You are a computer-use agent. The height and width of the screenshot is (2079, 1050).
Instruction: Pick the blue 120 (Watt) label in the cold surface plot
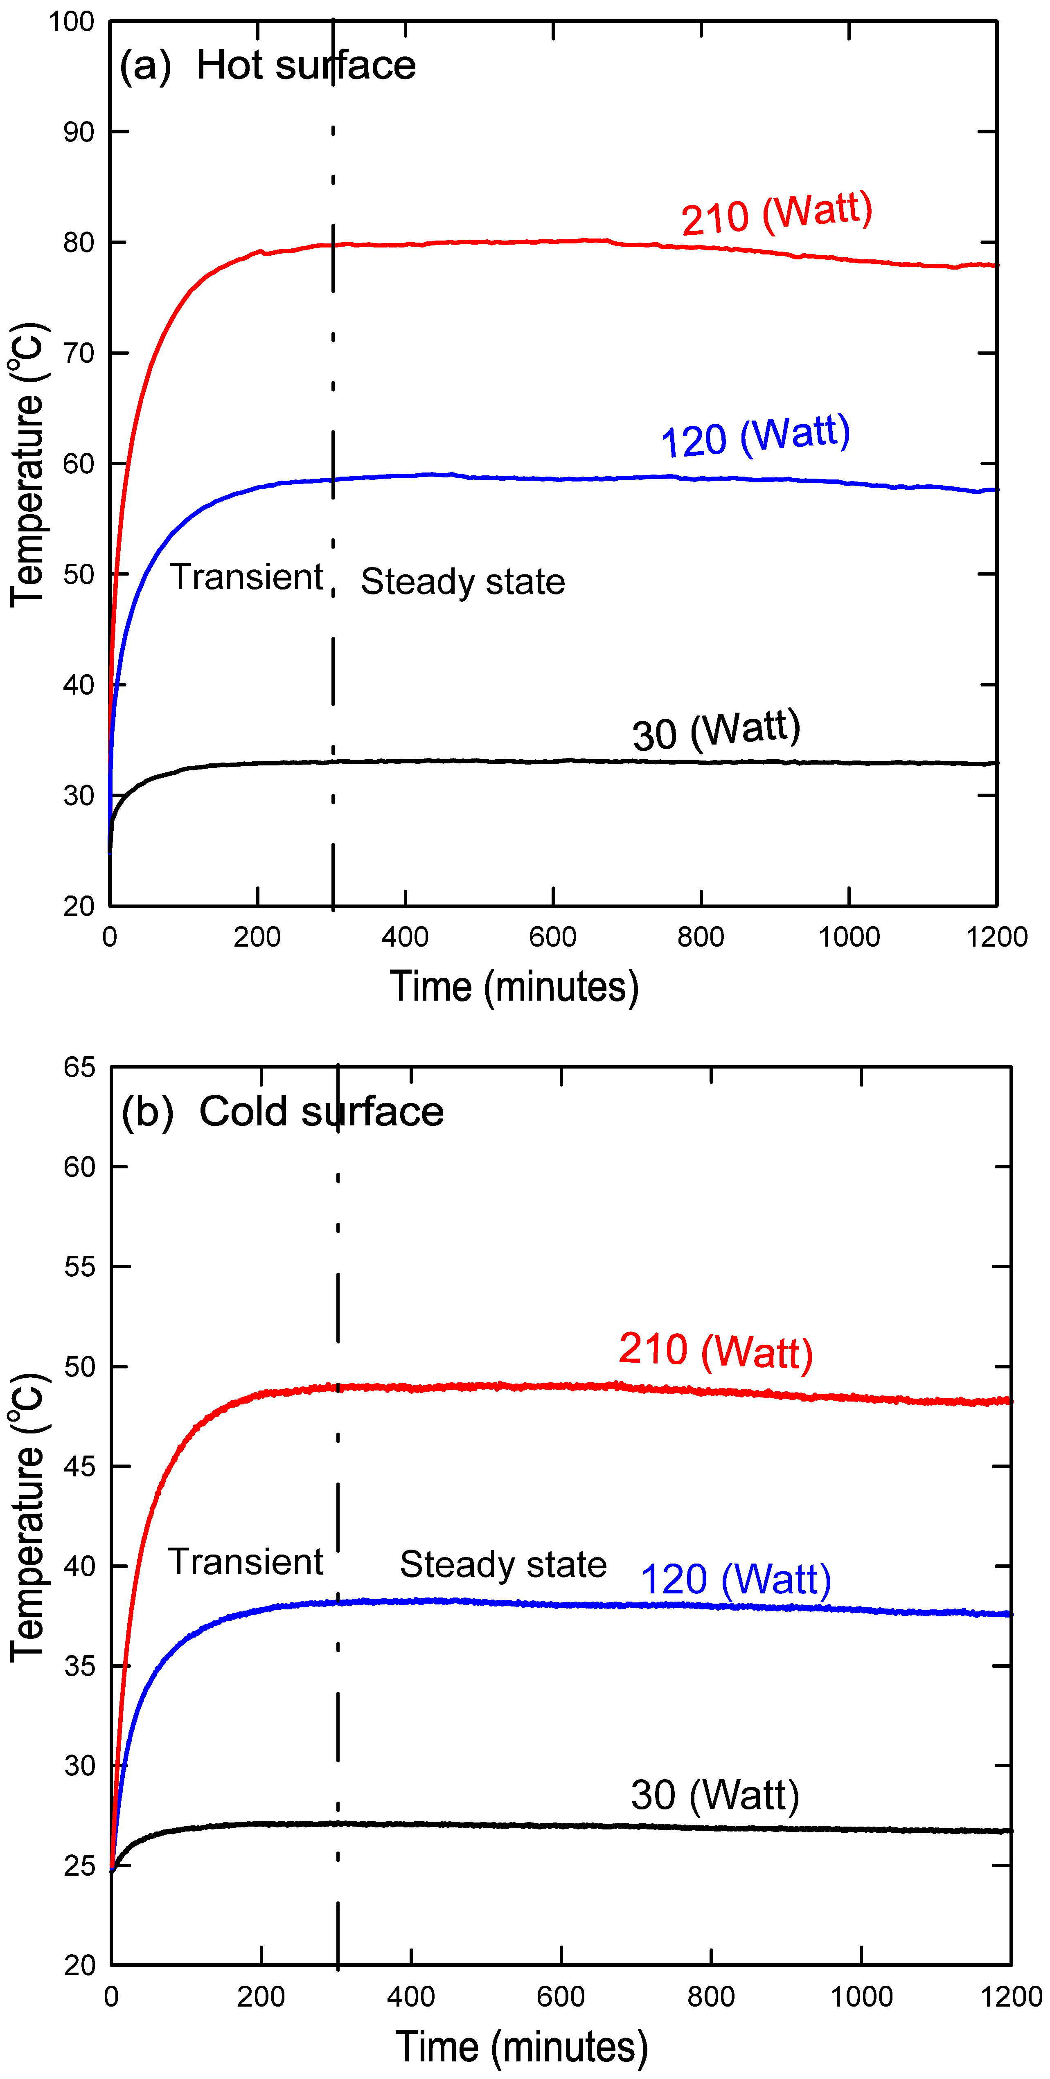(735, 1579)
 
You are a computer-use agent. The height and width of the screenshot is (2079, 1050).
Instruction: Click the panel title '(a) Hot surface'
(267, 65)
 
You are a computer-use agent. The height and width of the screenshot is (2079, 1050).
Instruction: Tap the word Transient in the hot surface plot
(246, 577)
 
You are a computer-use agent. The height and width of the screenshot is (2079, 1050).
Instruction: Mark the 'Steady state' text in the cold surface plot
(503, 1564)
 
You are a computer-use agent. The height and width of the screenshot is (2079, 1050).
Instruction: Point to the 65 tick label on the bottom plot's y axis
(79, 1068)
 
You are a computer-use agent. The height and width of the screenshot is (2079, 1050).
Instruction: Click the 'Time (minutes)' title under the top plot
(514, 987)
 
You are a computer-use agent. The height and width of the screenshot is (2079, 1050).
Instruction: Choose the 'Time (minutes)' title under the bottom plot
(521, 2048)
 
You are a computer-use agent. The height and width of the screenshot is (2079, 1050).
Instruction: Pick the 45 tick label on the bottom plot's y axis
(79, 1467)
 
